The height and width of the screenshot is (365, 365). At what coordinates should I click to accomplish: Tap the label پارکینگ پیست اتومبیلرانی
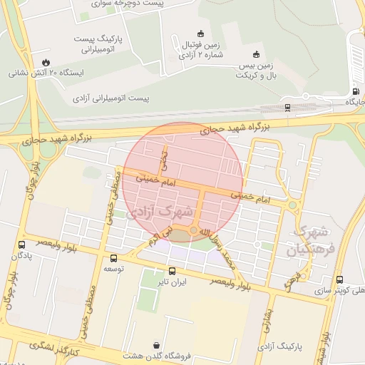click(99, 43)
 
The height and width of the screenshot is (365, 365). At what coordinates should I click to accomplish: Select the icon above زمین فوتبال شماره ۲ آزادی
click(200, 33)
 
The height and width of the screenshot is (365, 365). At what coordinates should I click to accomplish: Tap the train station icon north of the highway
click(287, 108)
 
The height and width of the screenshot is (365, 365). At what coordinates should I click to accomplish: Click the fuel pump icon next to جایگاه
click(356, 91)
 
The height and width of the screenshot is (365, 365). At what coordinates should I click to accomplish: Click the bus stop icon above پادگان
click(22, 245)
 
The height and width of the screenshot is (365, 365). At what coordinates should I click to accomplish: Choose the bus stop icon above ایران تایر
click(172, 271)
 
